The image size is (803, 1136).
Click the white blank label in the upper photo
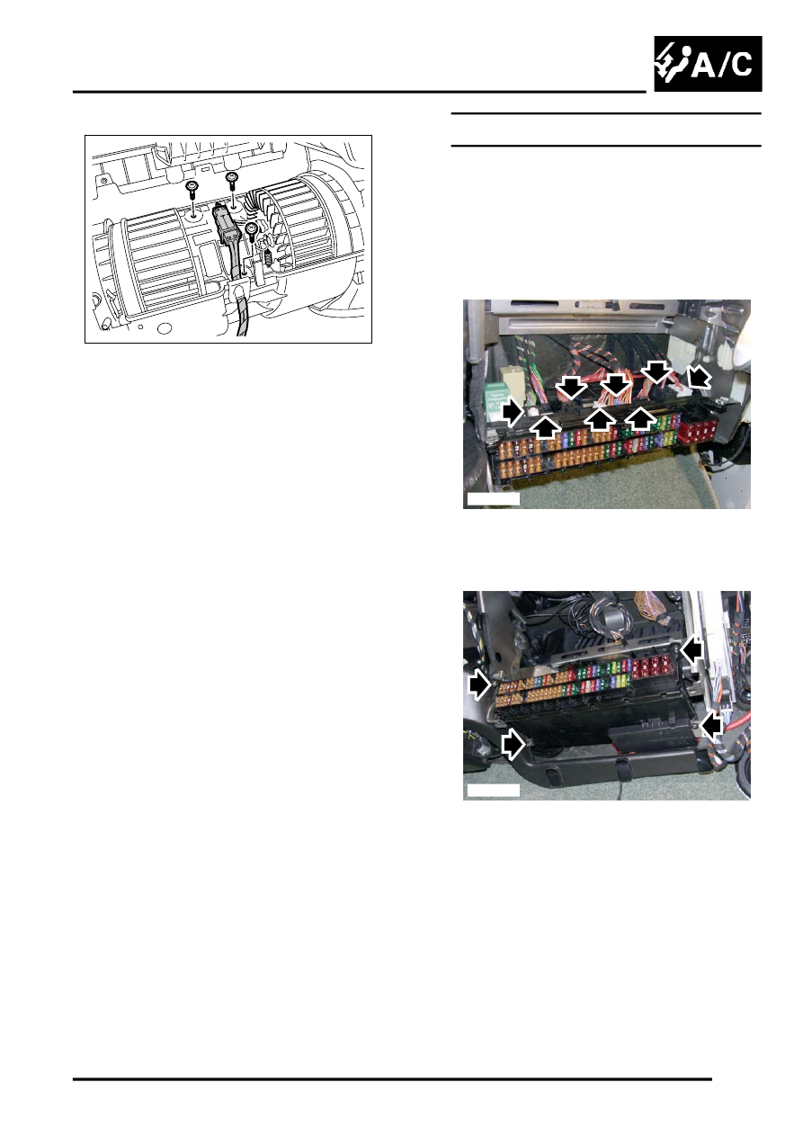493,498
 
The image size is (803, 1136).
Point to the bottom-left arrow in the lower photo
512,743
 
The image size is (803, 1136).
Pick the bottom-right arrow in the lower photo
712,725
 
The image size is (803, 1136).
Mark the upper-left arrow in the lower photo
479,684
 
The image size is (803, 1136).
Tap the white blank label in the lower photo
493,790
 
